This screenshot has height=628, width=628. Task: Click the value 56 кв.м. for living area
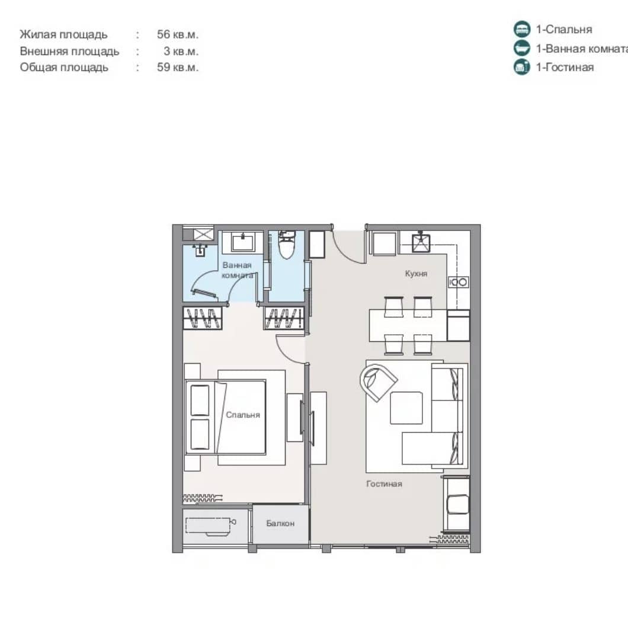(x=178, y=34)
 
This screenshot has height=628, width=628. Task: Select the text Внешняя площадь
(x=69, y=51)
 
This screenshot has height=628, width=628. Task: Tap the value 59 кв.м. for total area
(x=178, y=67)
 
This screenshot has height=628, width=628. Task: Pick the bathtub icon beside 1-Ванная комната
(x=521, y=48)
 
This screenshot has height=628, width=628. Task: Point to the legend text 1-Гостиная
(x=565, y=67)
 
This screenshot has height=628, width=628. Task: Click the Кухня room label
(x=416, y=274)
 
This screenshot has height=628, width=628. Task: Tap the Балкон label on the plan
(x=280, y=524)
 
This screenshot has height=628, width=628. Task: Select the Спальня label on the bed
(x=243, y=415)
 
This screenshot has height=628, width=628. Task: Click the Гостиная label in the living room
(x=384, y=484)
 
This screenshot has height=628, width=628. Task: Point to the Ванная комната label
(x=238, y=270)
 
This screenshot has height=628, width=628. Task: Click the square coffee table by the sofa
(x=406, y=408)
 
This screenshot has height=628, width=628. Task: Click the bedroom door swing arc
(x=290, y=347)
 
